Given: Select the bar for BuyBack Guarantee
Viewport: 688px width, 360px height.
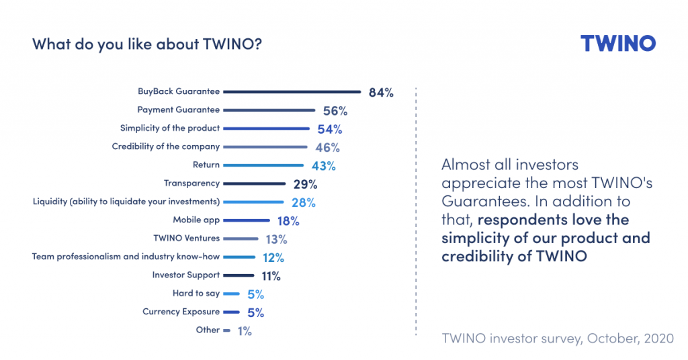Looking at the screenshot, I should pos(292,92).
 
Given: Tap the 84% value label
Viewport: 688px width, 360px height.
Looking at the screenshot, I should pos(380,93).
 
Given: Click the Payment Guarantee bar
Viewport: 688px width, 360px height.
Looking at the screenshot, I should pos(269,110).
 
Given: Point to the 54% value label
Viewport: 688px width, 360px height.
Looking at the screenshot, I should pos(330,129).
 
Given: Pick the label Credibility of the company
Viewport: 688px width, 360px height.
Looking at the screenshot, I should pos(165,146).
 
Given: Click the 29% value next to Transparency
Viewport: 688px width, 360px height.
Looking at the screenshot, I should pos(305,183).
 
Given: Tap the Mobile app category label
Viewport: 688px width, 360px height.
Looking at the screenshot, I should pos(196,220).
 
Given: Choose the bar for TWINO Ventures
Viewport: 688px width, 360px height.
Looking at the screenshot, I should pos(241,238).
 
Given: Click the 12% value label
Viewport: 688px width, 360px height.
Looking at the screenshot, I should pos(273,257).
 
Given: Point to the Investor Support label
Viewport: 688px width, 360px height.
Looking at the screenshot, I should pos(185,275).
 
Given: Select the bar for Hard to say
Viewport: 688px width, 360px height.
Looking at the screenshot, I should pos(231,294).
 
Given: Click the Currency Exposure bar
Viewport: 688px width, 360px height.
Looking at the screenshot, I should pos(231,312).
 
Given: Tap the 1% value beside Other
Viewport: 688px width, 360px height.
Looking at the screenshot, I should pos(245,330).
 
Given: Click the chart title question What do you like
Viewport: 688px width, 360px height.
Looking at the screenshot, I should pos(147,45).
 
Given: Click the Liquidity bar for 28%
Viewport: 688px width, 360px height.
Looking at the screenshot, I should pos(253,201).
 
